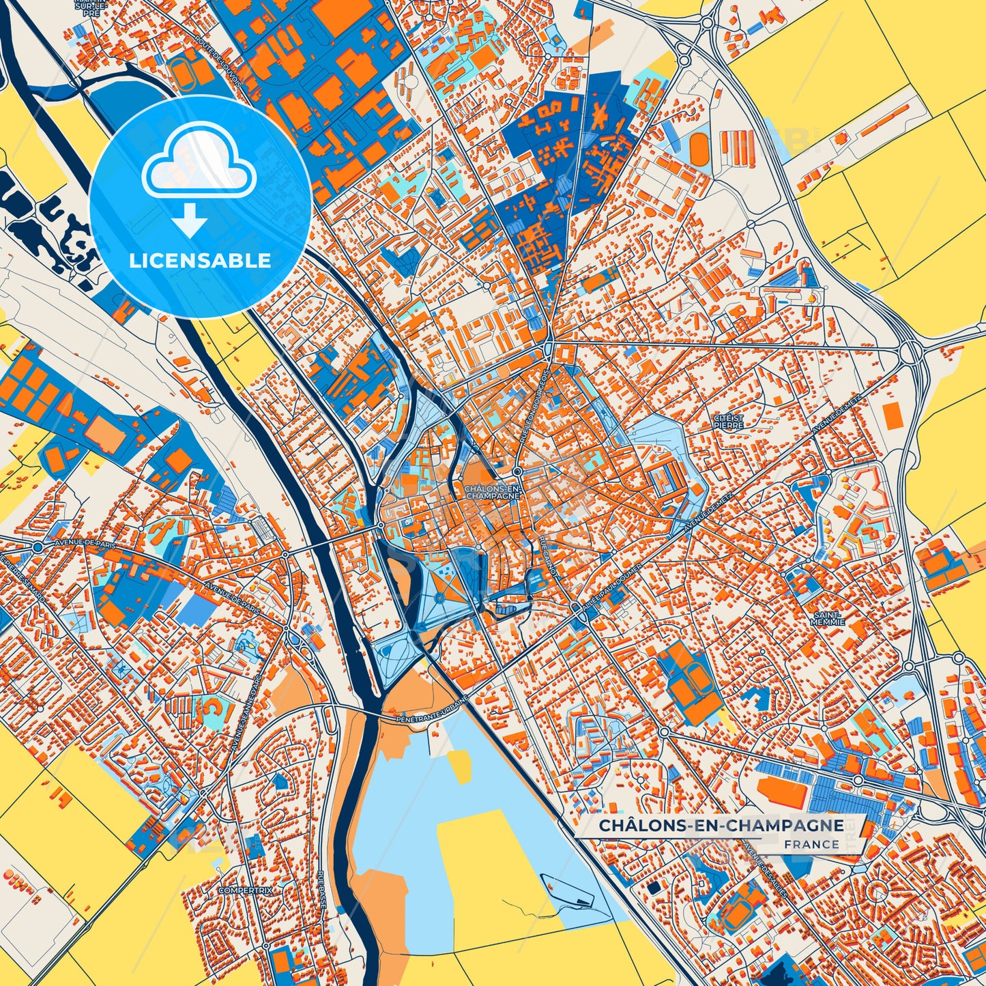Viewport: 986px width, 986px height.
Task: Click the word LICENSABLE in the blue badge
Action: [x=200, y=261]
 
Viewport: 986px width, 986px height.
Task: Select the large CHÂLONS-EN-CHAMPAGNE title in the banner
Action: [x=721, y=826]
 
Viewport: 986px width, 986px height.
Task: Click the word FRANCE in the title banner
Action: [x=811, y=844]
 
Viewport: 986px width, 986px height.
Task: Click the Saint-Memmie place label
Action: [x=828, y=618]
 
